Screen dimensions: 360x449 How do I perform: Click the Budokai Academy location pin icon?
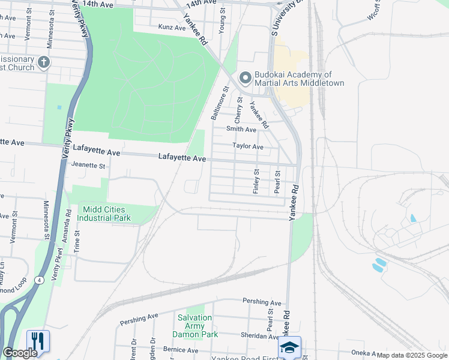click(x=245, y=78)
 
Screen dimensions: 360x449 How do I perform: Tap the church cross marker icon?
click(x=43, y=62)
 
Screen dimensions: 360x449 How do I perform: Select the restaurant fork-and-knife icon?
click(x=38, y=341)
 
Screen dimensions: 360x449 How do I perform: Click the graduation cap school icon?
click(x=289, y=347)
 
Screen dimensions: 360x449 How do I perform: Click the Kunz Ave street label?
click(x=172, y=27)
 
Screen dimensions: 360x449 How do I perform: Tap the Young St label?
click(x=221, y=19)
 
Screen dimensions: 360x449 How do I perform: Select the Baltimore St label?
click(x=220, y=103)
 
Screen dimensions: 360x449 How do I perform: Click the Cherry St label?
click(x=239, y=111)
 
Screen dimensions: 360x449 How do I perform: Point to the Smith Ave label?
click(x=241, y=129)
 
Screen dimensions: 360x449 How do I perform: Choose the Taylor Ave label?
click(x=248, y=146)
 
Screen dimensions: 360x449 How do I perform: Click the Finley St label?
click(x=256, y=181)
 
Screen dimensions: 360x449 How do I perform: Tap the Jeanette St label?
click(x=88, y=165)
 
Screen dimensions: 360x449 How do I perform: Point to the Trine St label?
click(x=77, y=242)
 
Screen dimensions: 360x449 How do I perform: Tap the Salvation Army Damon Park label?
click(x=195, y=325)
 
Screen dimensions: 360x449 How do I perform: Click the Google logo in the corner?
click(x=20, y=353)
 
